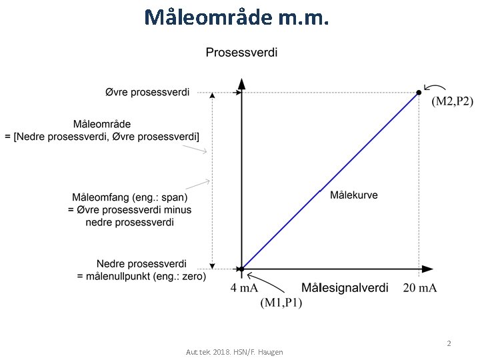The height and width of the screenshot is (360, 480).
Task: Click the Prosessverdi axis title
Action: [241, 52]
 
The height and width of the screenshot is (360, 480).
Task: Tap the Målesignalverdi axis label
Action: [345, 288]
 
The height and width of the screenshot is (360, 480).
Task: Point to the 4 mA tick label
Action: [244, 288]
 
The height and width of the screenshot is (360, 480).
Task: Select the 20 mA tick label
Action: [420, 288]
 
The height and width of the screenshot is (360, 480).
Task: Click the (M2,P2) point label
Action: [452, 101]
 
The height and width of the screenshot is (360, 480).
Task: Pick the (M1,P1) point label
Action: [281, 303]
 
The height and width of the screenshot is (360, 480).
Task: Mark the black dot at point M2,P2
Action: [419, 93]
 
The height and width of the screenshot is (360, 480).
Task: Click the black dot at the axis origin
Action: [241, 269]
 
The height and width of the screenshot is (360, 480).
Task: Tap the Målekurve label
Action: [353, 195]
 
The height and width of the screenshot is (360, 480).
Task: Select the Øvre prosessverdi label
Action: [147, 92]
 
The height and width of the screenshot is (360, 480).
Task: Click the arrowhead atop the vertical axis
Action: [241, 85]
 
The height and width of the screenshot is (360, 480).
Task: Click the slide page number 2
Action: [449, 343]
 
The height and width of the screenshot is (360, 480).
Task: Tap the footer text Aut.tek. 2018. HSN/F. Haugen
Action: [234, 351]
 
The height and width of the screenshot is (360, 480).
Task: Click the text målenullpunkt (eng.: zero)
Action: [141, 276]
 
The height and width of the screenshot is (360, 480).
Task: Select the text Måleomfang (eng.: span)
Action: [129, 197]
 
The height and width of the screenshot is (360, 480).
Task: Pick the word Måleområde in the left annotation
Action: [101, 124]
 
